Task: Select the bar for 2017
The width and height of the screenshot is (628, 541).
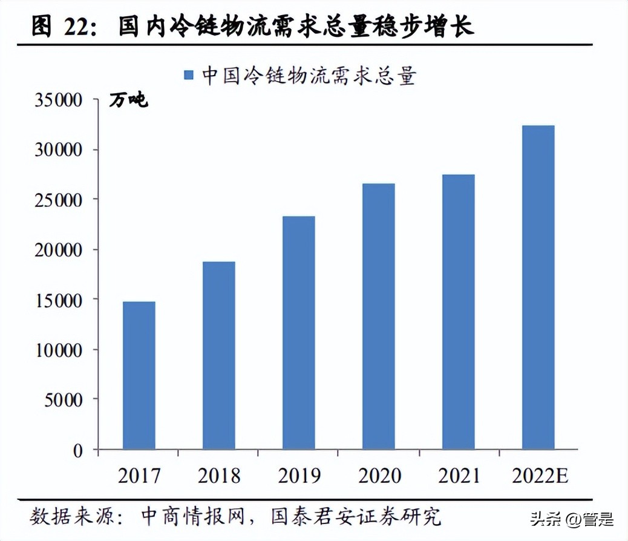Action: (x=139, y=375)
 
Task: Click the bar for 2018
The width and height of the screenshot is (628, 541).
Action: (x=219, y=355)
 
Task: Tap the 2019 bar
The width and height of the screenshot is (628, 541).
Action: (x=299, y=333)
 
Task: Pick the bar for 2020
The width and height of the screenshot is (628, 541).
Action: (x=379, y=316)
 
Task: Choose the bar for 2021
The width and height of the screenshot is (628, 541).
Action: (x=459, y=312)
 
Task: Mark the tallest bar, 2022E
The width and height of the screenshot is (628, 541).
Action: (x=538, y=287)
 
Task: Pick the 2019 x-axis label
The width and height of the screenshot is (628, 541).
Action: (x=299, y=476)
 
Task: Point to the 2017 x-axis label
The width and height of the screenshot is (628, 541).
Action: (x=139, y=476)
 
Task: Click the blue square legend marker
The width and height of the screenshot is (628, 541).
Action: (x=189, y=75)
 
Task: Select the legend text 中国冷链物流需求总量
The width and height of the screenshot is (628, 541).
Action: (x=309, y=75)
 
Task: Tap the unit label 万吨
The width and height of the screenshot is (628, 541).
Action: (x=128, y=100)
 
